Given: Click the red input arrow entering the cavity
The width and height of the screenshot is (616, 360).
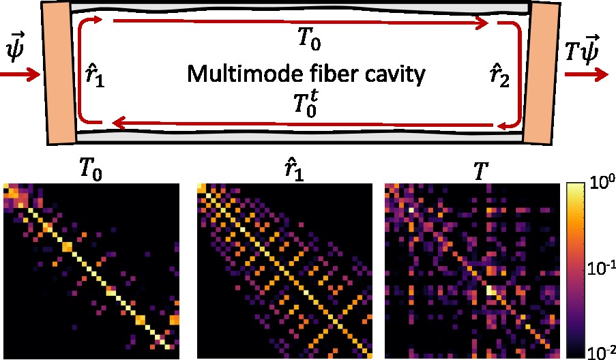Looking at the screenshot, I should click(20, 75).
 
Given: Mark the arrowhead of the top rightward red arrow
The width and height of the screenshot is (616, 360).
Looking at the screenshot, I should click(484, 23).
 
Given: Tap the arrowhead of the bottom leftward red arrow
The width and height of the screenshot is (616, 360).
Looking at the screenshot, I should click(117, 123).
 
